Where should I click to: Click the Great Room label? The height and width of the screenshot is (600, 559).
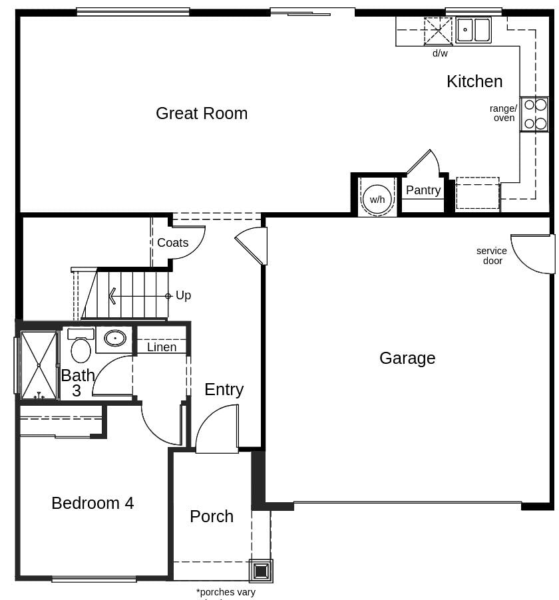tap(202, 113)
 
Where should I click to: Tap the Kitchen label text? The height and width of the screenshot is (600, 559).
tap(474, 81)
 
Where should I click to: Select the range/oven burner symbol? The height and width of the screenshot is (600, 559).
tap(535, 114)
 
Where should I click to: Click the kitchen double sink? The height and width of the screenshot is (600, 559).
tap(473, 30)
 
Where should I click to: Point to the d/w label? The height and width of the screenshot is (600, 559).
tap(440, 53)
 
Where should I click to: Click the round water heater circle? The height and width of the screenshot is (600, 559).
tap(377, 199)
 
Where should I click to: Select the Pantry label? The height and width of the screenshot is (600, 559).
tap(423, 190)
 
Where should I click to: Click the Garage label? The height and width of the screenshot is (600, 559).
tap(407, 358)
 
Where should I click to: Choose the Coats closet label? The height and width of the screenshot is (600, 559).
tap(172, 243)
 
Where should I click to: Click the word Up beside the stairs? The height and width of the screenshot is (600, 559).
tap(184, 295)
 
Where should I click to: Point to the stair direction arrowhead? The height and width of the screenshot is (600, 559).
tap(112, 295)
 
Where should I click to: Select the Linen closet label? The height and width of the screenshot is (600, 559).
tap(162, 347)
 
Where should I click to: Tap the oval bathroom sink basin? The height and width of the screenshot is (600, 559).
tap(115, 338)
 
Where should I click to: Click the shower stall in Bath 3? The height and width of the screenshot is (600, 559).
tap(39, 365)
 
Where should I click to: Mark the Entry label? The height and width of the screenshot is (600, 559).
tap(224, 389)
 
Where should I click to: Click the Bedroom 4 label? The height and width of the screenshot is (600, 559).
tap(93, 503)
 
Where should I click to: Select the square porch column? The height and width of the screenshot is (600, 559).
tap(261, 571)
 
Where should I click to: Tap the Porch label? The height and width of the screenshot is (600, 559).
tap(212, 516)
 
